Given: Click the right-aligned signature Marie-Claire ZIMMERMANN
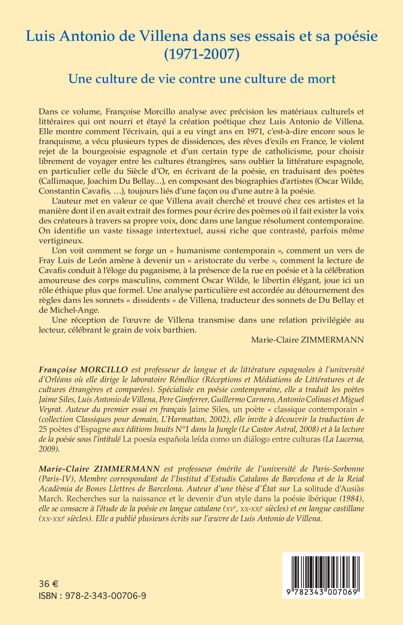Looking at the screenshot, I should [308, 340].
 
